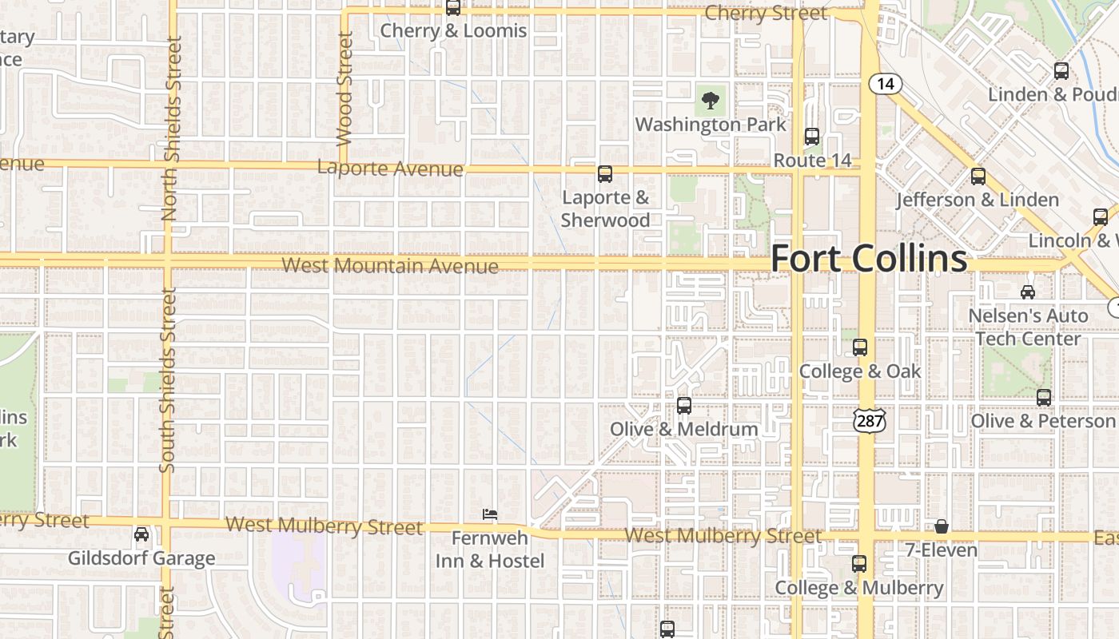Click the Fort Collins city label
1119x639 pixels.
click(x=869, y=259)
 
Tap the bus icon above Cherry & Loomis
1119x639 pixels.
click(x=453, y=8)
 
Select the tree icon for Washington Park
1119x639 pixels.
click(x=709, y=101)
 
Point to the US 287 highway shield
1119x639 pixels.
click(x=868, y=420)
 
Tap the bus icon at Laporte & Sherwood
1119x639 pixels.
click(x=605, y=173)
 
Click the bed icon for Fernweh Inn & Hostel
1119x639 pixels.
click(x=490, y=514)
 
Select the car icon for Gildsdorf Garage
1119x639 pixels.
click(x=141, y=534)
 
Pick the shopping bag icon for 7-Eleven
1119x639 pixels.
click(x=942, y=526)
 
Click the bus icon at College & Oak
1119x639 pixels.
click(x=860, y=347)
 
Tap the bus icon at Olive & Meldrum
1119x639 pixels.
click(x=684, y=405)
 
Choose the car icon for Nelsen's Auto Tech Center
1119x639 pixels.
click(x=1028, y=292)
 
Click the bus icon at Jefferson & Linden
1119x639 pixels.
click(x=978, y=177)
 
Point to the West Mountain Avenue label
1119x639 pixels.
click(x=390, y=265)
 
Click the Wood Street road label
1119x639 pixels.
click(x=344, y=88)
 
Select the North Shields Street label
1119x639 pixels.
click(x=171, y=128)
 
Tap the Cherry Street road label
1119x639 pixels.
click(x=766, y=14)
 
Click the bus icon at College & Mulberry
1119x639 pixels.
click(x=859, y=564)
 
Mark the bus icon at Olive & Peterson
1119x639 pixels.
click(x=1044, y=397)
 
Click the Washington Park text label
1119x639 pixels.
click(x=711, y=125)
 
